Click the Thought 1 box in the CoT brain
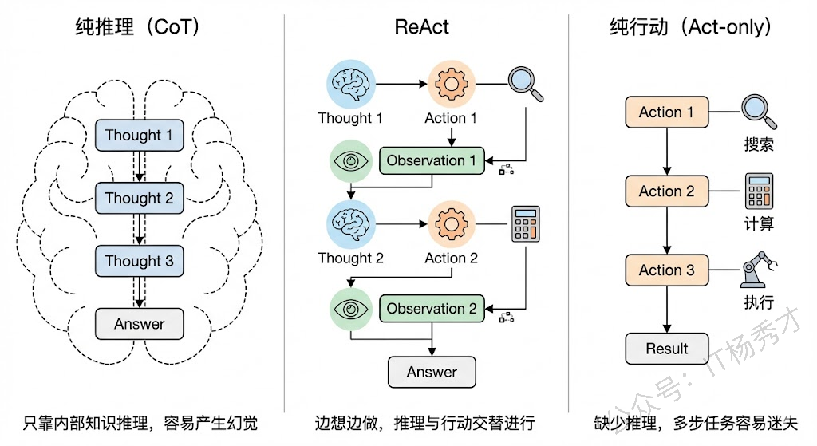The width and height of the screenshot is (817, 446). click(139, 136)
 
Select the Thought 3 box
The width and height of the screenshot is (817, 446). click(139, 262)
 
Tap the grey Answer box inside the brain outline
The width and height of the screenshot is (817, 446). click(139, 324)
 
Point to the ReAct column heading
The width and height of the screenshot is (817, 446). click(422, 26)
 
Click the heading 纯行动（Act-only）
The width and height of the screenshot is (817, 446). click(691, 26)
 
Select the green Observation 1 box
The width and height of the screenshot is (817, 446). click(431, 161)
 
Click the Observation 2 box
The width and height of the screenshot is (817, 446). click(431, 309)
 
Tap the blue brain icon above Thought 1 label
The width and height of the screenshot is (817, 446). click(351, 83)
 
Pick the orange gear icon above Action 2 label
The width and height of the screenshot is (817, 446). click(452, 223)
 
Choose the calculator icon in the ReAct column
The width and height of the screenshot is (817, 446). click(526, 223)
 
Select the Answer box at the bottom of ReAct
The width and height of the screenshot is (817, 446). click(432, 372)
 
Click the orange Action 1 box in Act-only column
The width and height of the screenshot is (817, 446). click(666, 112)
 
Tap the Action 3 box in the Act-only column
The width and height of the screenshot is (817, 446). click(666, 270)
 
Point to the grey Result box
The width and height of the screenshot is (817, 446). click(666, 349)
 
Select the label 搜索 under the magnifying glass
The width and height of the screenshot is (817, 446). click(759, 145)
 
